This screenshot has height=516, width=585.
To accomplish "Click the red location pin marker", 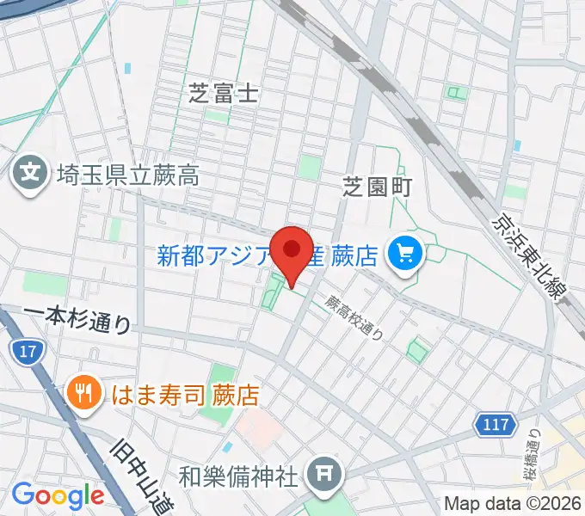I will pyautogui.click(x=292, y=250).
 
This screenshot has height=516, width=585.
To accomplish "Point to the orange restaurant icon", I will pyautogui.click(x=83, y=393).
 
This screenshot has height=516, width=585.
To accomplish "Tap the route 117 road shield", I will pyautogui.click(x=496, y=423).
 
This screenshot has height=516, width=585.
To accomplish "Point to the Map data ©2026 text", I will pyautogui.click(x=512, y=504).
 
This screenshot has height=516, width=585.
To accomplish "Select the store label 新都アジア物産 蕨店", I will pyautogui.click(x=268, y=255).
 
